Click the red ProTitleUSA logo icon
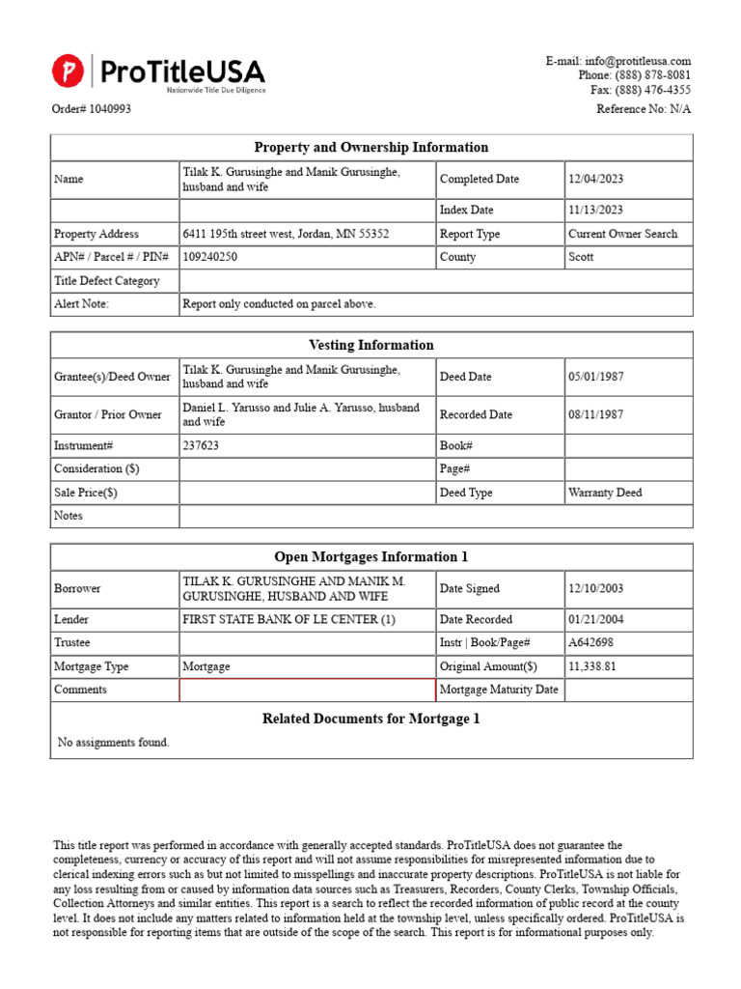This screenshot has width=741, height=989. click(x=68, y=71)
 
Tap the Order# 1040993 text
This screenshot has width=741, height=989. click(x=92, y=109)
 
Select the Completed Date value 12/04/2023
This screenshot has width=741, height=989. click(x=595, y=180)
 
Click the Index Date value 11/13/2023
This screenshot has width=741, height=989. click(x=595, y=211)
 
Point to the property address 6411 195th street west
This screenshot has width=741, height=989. click(x=286, y=234)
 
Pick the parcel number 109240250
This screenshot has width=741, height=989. click(x=210, y=257)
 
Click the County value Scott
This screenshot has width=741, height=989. click(x=581, y=257)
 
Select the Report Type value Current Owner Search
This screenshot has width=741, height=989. click(x=622, y=234)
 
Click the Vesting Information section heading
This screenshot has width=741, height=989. click(x=370, y=345)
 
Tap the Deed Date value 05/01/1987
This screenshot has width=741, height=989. click(x=595, y=377)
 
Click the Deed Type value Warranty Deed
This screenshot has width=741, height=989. click(x=605, y=493)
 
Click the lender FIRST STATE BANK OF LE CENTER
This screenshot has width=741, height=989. click(x=288, y=620)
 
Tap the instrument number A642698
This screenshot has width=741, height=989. click(x=590, y=643)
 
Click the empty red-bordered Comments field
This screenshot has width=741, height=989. click(x=308, y=690)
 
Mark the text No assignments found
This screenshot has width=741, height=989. click(x=114, y=743)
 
